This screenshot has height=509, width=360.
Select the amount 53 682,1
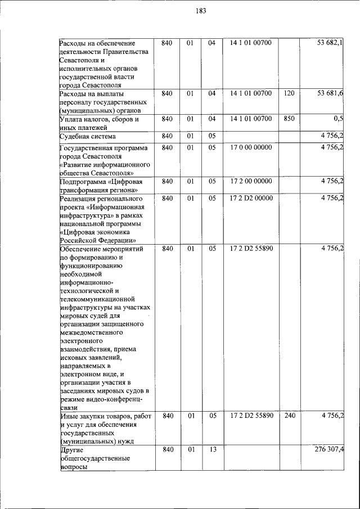coord(330,43)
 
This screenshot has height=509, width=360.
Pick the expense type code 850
coord(289,119)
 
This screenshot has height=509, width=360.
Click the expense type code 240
coord(289,416)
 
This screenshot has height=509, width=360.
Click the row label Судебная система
coord(88,137)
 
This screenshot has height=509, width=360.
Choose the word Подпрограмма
coord(83,181)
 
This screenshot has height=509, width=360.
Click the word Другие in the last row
coord(72,451)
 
